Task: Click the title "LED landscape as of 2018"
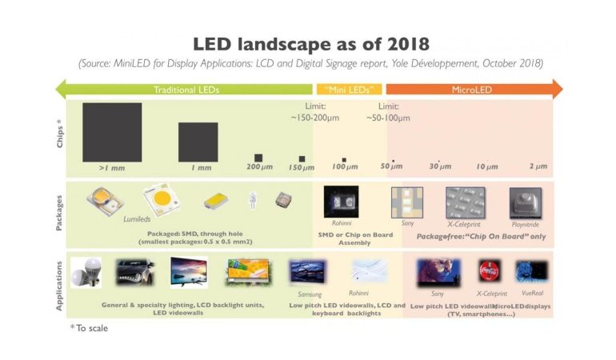[x=307, y=42]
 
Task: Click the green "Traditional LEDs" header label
[x=186, y=90]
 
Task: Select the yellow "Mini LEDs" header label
[x=350, y=90]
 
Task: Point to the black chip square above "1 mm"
[x=198, y=142]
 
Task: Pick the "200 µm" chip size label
[x=260, y=166]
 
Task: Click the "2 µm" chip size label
[x=538, y=166]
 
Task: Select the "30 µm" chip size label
[x=440, y=166]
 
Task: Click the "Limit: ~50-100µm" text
[x=388, y=112]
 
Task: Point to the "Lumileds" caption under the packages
[x=137, y=218]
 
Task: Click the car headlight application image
[x=135, y=273]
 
